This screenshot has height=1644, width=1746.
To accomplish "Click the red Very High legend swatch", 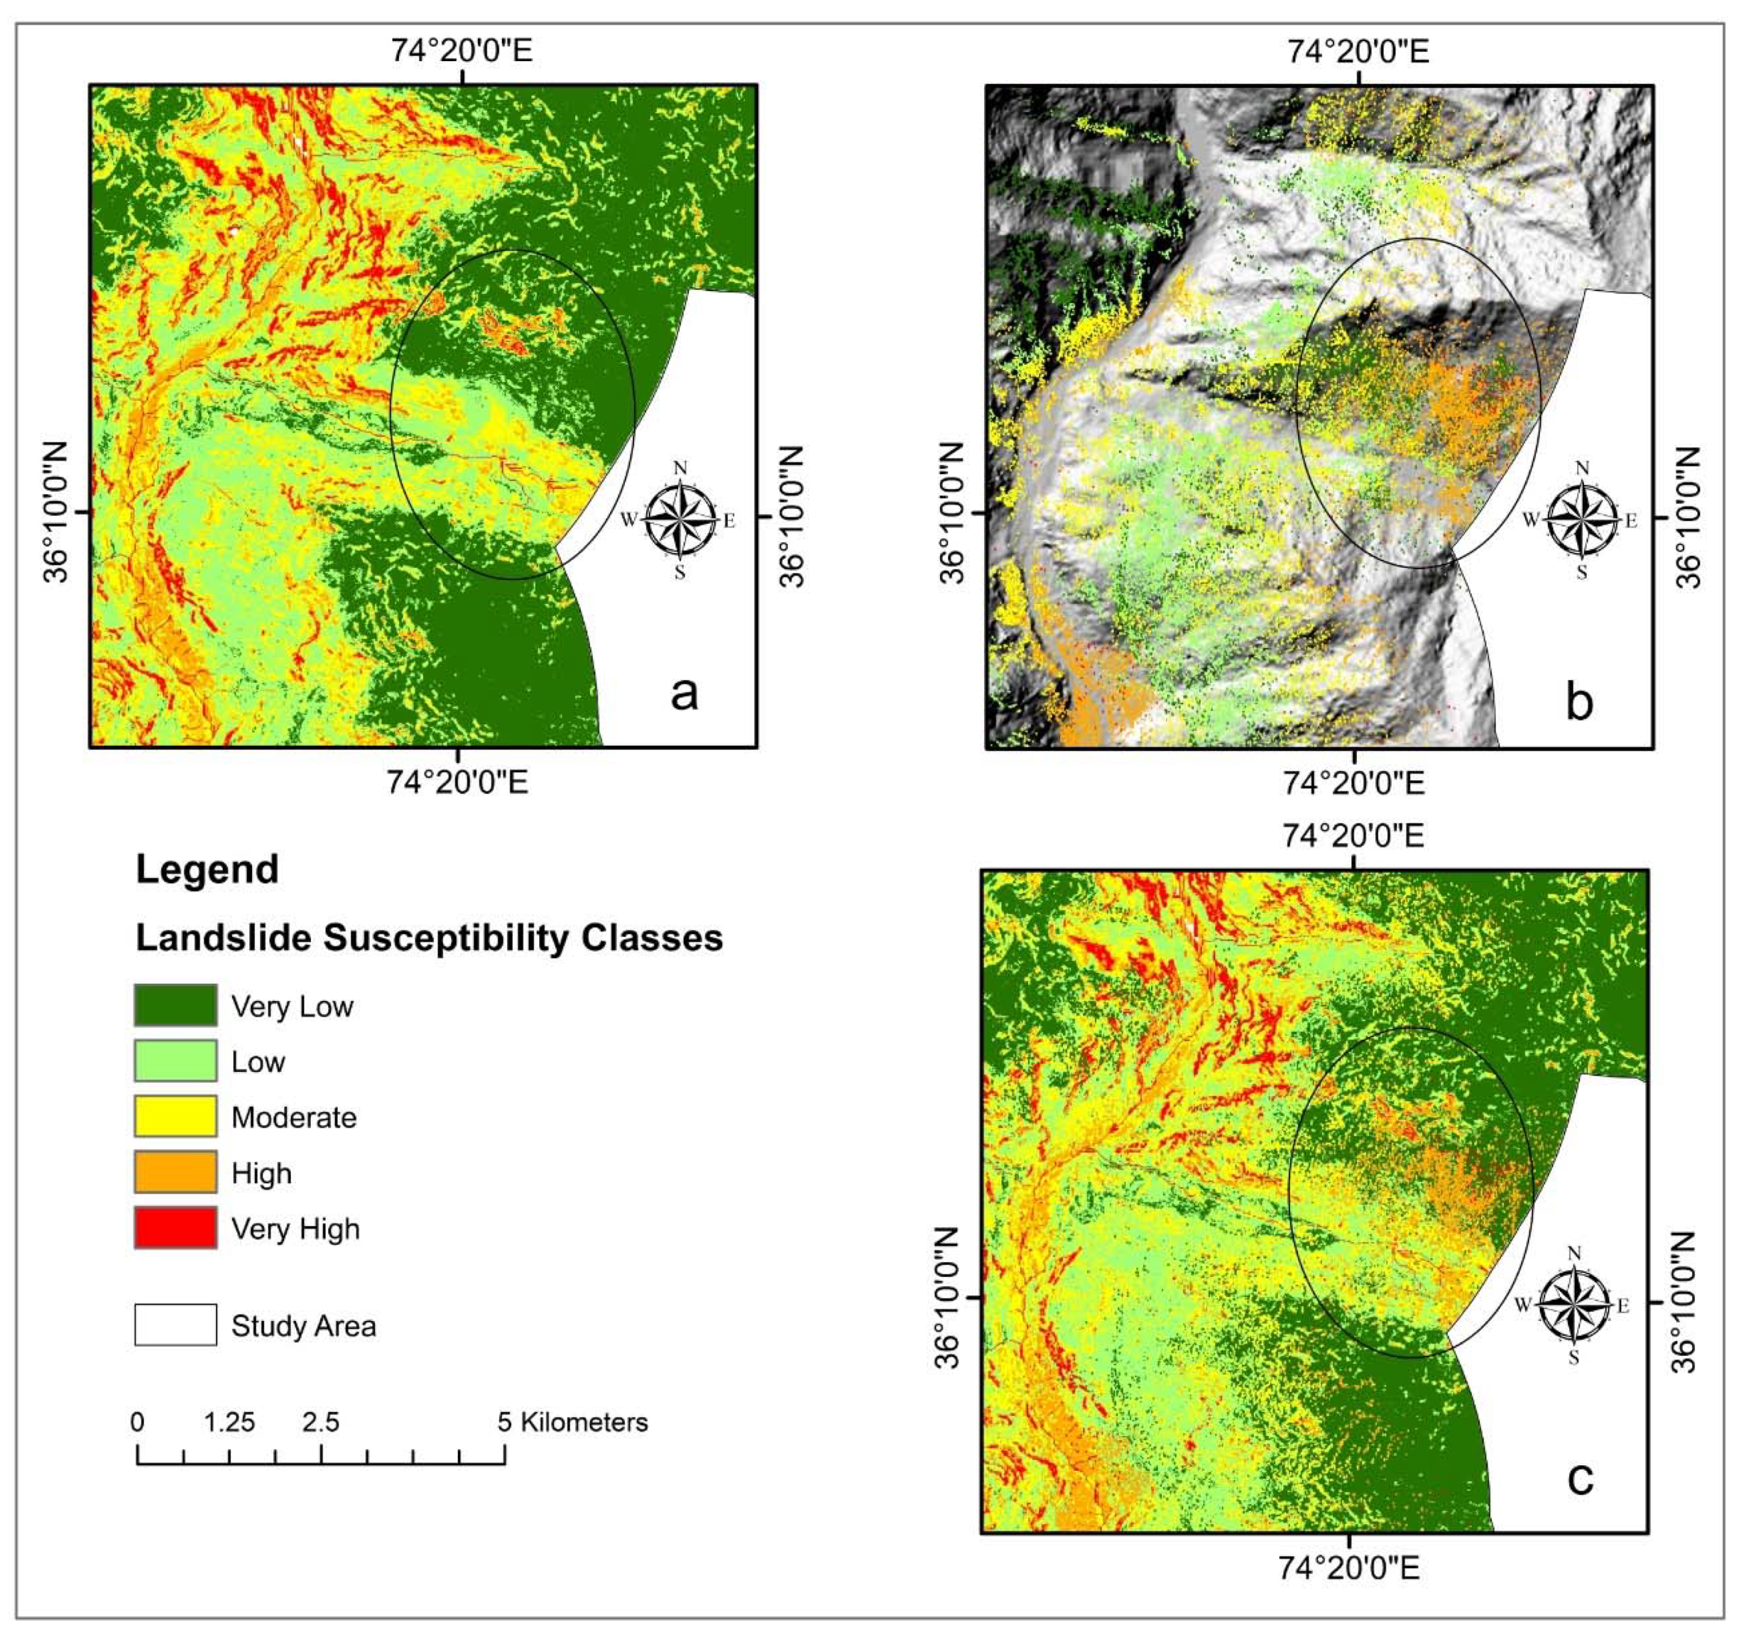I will pos(175,1227).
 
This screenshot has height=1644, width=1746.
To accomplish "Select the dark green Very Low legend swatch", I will pos(175,1005).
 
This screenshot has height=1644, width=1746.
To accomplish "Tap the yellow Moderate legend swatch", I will pos(175,1115).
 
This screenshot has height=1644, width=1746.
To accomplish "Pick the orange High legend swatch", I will pos(175,1172).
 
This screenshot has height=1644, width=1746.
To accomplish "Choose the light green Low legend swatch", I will pos(175,1060).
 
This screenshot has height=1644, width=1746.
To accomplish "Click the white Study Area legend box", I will pos(175,1325).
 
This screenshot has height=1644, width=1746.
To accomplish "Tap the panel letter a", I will pos(684,693).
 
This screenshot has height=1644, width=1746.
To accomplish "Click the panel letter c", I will pos(1580,1478).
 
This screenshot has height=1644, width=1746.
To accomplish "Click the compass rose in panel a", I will pos(680,520).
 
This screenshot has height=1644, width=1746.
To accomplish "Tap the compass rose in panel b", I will pos(1582,520).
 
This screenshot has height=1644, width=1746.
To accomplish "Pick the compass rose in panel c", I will pos(1574,1305).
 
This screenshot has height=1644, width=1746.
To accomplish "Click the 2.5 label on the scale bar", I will pos(321,1422).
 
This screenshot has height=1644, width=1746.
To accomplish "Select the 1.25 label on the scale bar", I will pos(229,1422).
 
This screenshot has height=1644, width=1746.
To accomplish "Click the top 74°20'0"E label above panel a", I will pos(461,50).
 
